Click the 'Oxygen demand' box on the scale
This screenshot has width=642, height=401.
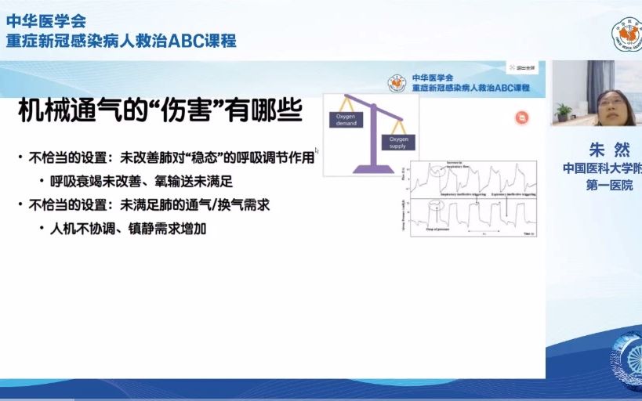pyautogui.click(x=346, y=118)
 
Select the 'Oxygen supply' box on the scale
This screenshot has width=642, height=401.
pyautogui.click(x=394, y=142)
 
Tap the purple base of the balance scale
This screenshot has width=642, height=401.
pyautogui.click(x=373, y=167)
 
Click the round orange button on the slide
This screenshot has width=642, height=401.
pyautogui.click(x=521, y=117)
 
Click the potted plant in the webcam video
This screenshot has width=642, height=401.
pyautogui.click(x=563, y=112)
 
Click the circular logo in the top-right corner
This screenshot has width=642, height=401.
pyautogui.click(x=626, y=35)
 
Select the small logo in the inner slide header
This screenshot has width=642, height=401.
pyautogui.click(x=397, y=82)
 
